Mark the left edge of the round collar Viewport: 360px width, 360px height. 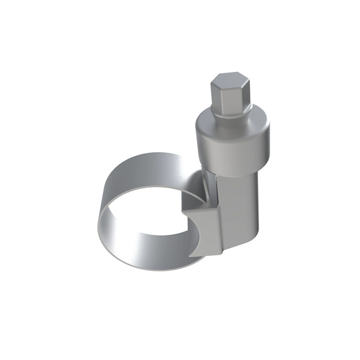[197, 141]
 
